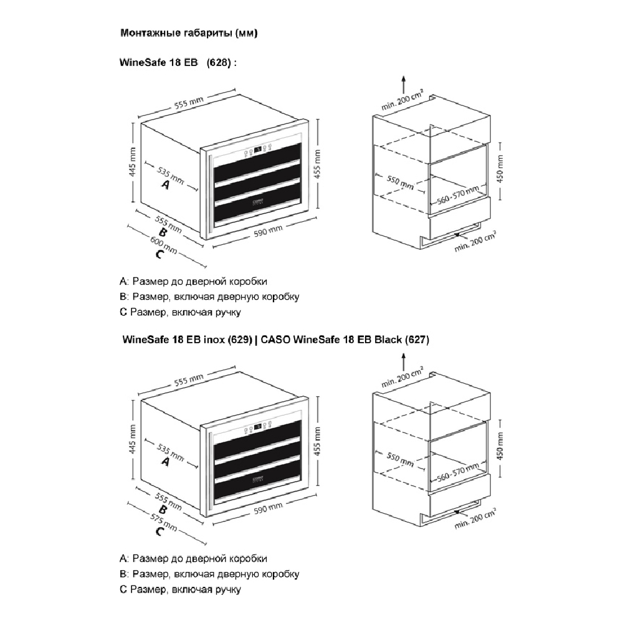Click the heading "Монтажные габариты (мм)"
[x=189, y=32]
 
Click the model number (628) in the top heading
[x=219, y=63]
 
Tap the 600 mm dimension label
[x=163, y=245]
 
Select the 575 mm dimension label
[x=163, y=522]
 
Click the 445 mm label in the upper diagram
[x=133, y=162]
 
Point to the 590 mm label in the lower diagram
[x=268, y=508]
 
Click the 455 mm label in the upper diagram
[x=317, y=164]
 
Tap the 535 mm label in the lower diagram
[x=171, y=453]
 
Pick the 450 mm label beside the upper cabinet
[x=500, y=168]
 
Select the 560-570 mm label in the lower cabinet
[x=458, y=472]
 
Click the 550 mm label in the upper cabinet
[x=401, y=183]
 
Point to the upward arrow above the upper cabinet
[x=404, y=85]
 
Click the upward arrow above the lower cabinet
[x=404, y=362]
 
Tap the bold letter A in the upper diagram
[x=165, y=185]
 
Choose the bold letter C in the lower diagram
[x=159, y=531]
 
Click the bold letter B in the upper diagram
[x=162, y=233]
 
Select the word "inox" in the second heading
[x=214, y=340]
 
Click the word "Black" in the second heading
[x=388, y=340]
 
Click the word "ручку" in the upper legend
[x=228, y=312]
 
